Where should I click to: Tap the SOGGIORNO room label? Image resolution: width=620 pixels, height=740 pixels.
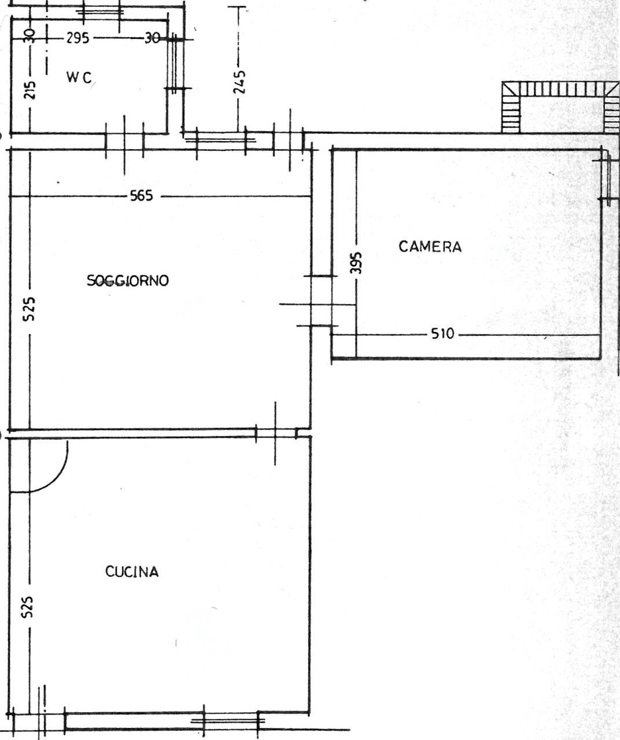point(128,281)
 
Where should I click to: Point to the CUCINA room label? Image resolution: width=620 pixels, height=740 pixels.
point(132,572)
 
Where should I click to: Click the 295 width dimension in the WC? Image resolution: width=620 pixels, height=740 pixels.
point(77,39)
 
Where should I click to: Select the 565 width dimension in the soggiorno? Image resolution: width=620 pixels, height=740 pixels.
point(142,196)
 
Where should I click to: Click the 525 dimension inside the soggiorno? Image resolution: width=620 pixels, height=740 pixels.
point(30,309)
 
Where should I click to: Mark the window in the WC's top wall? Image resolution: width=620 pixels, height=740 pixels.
point(101,11)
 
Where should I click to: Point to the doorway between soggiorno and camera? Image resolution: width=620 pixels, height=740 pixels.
point(321,301)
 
